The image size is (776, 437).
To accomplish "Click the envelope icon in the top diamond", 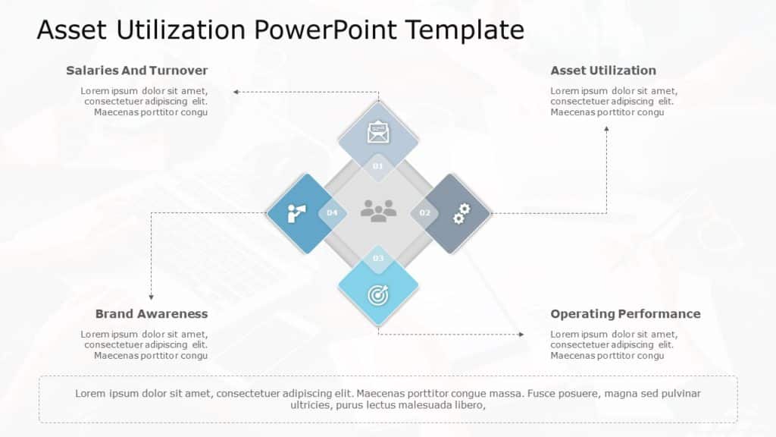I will coord(377,133).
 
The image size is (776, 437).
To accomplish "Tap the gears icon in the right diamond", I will coord(460,214).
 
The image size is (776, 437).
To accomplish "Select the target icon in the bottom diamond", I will coord(377,294).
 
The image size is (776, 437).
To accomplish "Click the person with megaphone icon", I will coord(296,214).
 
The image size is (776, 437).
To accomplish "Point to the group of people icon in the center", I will coord(378,210).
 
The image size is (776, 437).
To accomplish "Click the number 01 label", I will coord(378,165).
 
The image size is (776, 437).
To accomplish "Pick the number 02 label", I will coord(424,213).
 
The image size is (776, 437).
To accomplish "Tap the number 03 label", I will coord(378,259).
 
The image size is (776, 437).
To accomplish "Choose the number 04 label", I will coord(332,213).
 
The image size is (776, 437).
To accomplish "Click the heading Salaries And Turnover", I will coord(136,71).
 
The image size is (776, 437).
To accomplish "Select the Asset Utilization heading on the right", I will coord(603,71).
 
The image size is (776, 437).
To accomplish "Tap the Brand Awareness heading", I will coord(152,313).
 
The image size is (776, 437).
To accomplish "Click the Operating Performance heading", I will coord(625,313).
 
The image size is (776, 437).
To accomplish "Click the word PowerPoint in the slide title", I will coord(325,30).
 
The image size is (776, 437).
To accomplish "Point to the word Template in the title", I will coord(464,30).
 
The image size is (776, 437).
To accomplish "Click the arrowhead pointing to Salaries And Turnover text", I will coord(236,92).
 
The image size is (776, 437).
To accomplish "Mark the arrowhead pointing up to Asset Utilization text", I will coord(606,128).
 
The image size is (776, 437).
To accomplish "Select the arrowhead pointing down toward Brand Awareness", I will coord(151,296).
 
